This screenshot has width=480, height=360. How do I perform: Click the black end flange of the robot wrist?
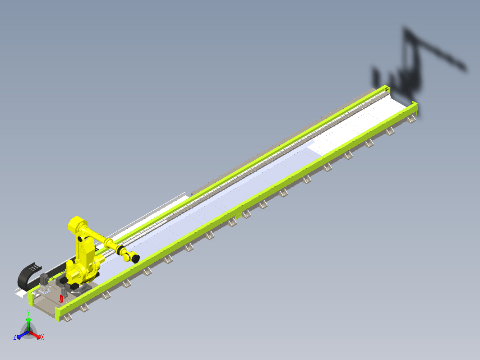[135, 258]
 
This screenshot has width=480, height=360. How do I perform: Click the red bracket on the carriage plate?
[61, 299]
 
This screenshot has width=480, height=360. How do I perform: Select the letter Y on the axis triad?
[28, 313]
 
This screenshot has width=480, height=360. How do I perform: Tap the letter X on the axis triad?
[42, 337]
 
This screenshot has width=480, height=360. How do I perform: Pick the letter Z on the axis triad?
[15, 337]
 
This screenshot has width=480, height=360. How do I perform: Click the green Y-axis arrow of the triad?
[28, 324]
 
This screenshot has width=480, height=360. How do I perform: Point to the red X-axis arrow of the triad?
[35, 335]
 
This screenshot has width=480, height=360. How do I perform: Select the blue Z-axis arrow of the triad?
[23, 335]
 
